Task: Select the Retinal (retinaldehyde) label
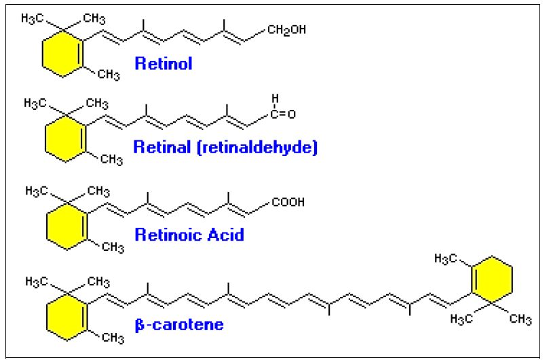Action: point(225,147)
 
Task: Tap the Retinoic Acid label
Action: point(189,235)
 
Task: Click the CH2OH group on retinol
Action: point(287,30)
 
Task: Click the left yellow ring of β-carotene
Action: point(58,314)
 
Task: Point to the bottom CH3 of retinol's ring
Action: point(109,75)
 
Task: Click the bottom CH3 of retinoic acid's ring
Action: point(109,247)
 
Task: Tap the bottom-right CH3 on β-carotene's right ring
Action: point(520,319)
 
